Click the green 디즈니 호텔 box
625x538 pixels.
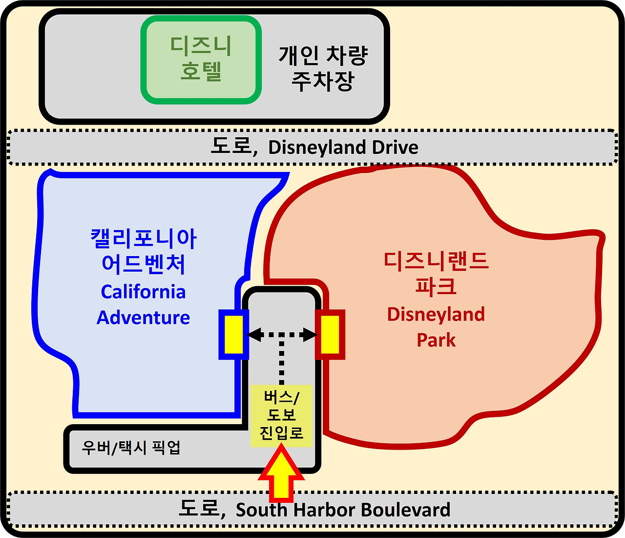[x=201, y=60]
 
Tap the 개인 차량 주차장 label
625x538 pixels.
[x=323, y=68]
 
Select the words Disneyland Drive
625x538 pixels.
[x=343, y=147]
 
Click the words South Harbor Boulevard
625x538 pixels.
[x=343, y=510]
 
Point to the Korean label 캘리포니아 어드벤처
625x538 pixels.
[x=143, y=251]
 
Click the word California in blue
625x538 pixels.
[x=143, y=292]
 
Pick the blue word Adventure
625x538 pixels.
[x=143, y=318]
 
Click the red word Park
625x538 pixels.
[x=436, y=340]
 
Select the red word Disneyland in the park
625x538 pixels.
[x=436, y=314]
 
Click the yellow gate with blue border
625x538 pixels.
[x=233, y=335]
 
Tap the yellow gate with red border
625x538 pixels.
[x=330, y=335]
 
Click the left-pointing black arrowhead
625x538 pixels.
[x=254, y=335]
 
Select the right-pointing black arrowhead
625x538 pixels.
[x=310, y=335]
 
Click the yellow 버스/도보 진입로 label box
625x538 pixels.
[x=281, y=415]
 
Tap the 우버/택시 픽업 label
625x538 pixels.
[x=131, y=447]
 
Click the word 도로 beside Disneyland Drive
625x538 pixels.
[x=230, y=146]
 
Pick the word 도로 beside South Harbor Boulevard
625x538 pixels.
[x=199, y=508]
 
